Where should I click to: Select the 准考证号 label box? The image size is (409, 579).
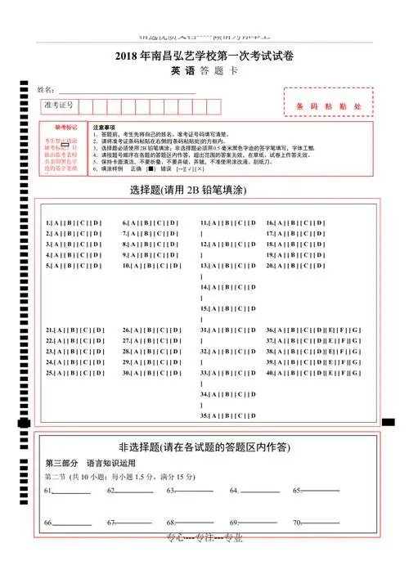click(x=59, y=106)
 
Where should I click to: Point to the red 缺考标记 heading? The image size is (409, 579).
click(x=65, y=128)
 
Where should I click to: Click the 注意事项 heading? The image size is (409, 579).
click(x=104, y=128)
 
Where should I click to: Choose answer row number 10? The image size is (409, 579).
click(x=151, y=266)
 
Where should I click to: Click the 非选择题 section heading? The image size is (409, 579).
click(x=204, y=447)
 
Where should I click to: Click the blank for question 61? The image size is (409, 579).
click(x=71, y=491)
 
